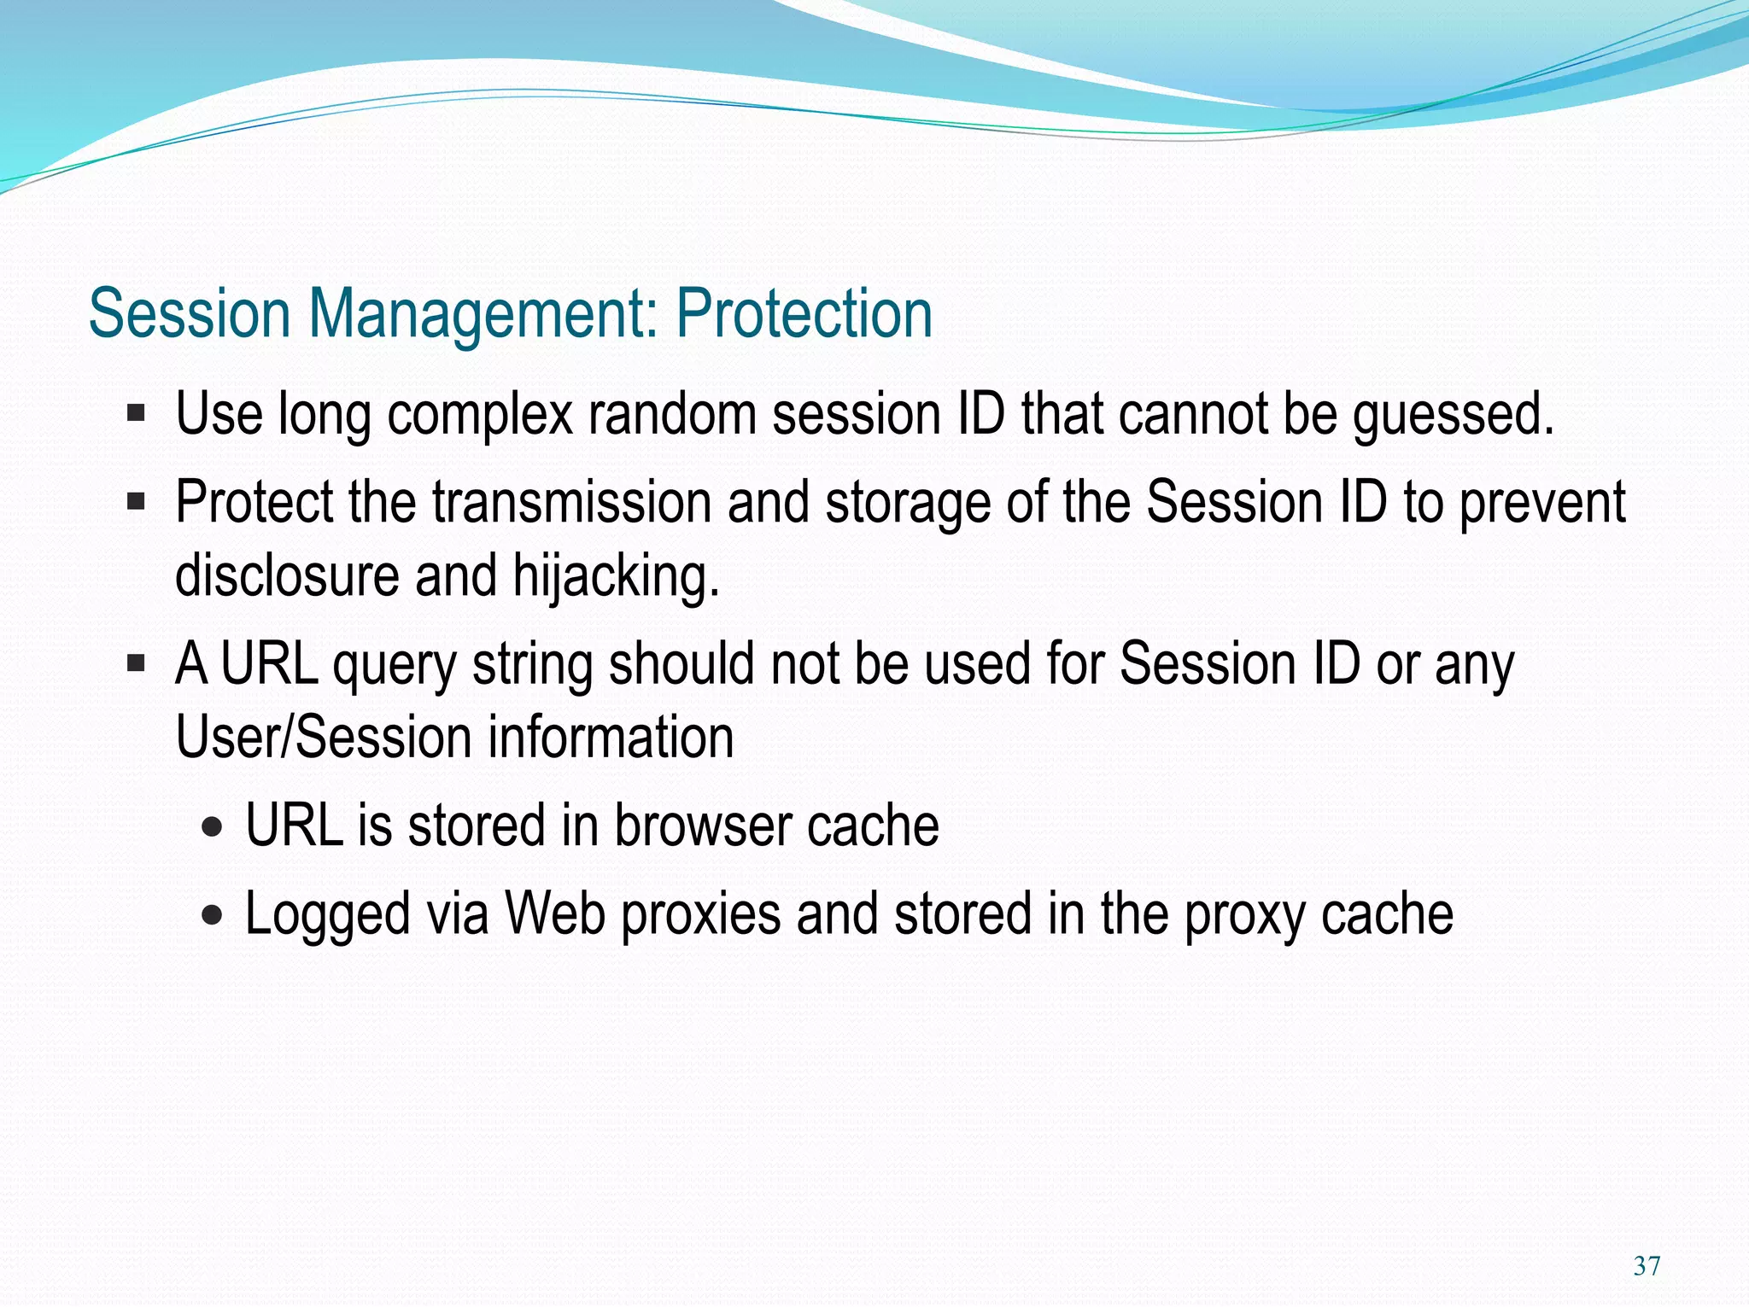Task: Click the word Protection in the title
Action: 804,314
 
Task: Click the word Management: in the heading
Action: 483,314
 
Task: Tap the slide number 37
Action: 1646,1265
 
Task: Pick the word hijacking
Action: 616,576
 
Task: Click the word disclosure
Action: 287,576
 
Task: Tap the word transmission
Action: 571,503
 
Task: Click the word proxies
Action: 700,915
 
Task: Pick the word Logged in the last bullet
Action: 327,915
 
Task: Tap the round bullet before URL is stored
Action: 213,827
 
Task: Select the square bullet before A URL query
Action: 136,663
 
